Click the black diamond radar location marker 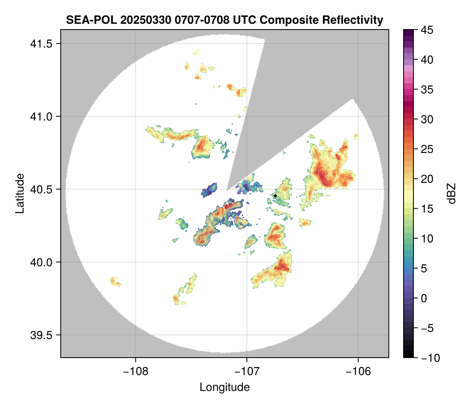pos(275,196)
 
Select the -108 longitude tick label pos(135,371)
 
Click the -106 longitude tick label pos(358,371)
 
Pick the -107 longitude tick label pos(247,371)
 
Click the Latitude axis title pos(20,193)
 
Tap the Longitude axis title pos(225,387)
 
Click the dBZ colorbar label pos(452,194)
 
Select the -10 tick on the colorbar pos(426,358)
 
